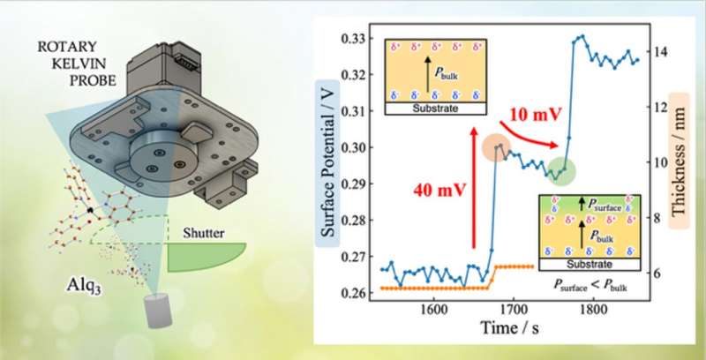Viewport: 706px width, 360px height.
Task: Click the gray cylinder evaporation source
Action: (x=158, y=314)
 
